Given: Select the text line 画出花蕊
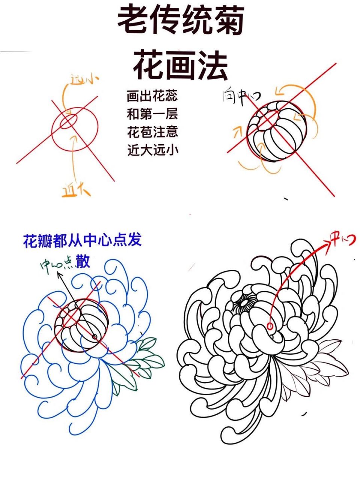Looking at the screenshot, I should [152, 96].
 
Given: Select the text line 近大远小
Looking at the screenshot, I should [152, 150].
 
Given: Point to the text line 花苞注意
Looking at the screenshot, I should [152, 132].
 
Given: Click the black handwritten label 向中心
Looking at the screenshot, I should [241, 97].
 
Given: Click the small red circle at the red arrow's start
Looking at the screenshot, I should [270, 326].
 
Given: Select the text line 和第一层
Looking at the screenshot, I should [152, 114].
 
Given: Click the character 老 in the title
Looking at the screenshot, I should [132, 21].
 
